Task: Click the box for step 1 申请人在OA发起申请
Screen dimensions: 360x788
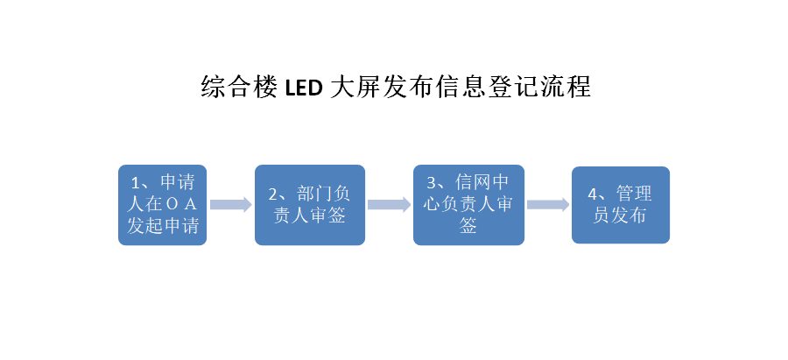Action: tap(162, 205)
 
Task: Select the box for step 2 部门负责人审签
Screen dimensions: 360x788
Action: tap(309, 205)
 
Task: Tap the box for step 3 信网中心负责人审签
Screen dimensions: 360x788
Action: tap(468, 205)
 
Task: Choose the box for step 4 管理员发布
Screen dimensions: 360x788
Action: tap(620, 205)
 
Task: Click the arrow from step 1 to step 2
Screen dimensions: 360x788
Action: tap(230, 205)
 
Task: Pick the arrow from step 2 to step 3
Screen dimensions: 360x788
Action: tap(389, 205)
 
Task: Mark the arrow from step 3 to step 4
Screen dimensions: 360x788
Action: tap(548, 205)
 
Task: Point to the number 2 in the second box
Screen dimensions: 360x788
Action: tap(273, 194)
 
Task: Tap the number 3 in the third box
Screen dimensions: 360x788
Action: tap(432, 183)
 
